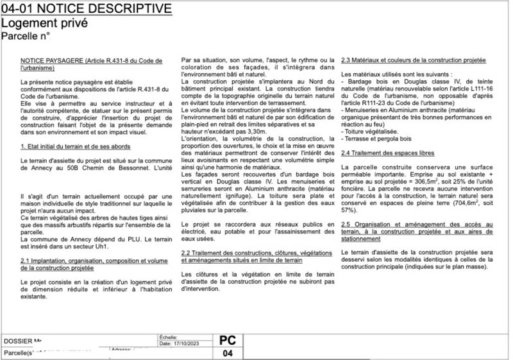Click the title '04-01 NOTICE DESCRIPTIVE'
[x=87, y=9]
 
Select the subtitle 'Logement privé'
[x=43, y=23]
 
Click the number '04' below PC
[x=227, y=354]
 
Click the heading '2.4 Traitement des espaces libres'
[x=388, y=153]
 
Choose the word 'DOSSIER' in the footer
[x=17, y=341]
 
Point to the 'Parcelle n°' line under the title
[x=25, y=37]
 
